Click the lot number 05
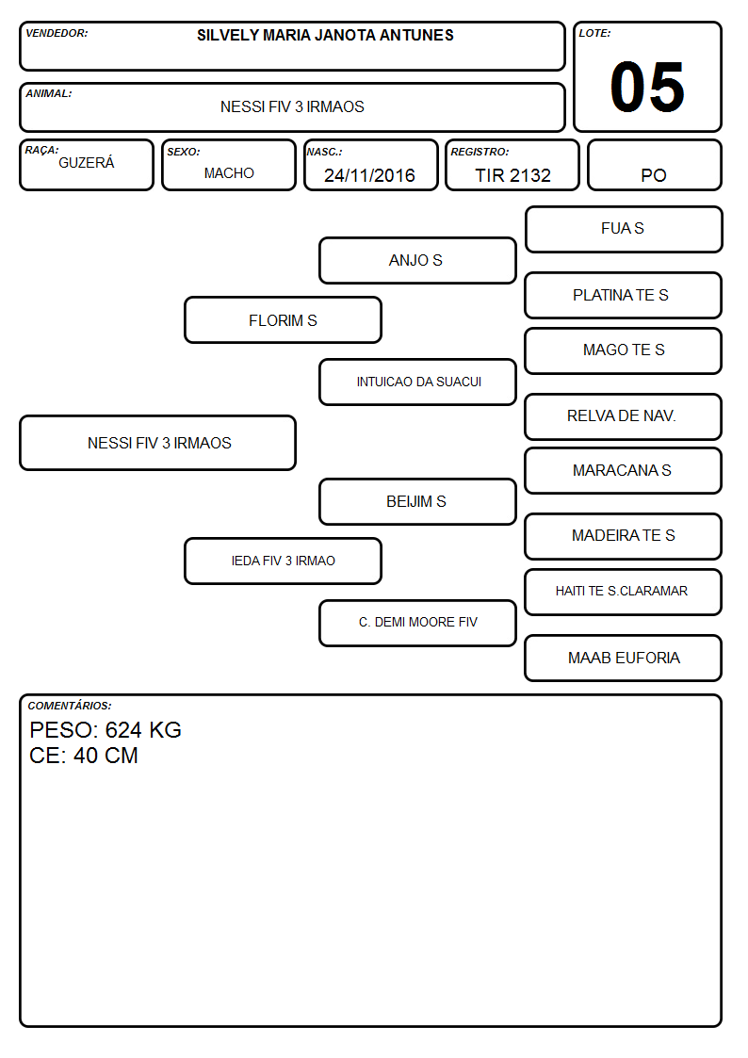click(x=647, y=87)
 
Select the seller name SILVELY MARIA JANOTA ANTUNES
click(x=325, y=35)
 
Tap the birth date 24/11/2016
click(x=369, y=175)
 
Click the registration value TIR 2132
click(x=512, y=175)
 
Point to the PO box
click(x=654, y=165)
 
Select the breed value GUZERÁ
click(x=87, y=163)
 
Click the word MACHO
click(x=229, y=173)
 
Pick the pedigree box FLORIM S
click(x=283, y=319)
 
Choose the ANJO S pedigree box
click(x=417, y=260)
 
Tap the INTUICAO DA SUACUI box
click(x=417, y=382)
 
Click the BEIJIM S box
click(x=417, y=501)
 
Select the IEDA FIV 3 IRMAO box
click(x=283, y=561)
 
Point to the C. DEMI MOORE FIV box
click(x=417, y=623)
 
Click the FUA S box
click(x=624, y=230)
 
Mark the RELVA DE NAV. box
click(x=624, y=416)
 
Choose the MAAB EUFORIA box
click(x=624, y=658)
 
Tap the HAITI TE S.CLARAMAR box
click(x=624, y=592)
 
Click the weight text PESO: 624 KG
click(x=106, y=730)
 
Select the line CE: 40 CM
click(x=84, y=756)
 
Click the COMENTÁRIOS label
click(x=70, y=706)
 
